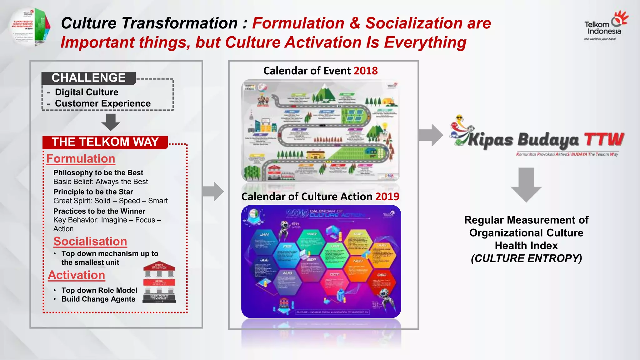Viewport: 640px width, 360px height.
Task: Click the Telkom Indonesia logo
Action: pos(605,27)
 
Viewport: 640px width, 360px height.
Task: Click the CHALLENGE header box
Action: pos(89,78)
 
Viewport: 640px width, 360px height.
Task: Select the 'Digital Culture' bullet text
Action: pos(87,92)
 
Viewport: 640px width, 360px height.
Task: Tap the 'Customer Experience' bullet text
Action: pos(103,103)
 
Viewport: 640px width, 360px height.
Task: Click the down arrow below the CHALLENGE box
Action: pos(111,122)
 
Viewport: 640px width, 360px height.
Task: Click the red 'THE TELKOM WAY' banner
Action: pos(105,142)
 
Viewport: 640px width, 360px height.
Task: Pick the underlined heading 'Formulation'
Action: pos(81,159)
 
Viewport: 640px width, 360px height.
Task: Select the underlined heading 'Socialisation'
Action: pos(90,242)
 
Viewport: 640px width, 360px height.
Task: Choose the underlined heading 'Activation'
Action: pos(77,275)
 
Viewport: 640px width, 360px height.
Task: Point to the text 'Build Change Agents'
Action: pos(98,299)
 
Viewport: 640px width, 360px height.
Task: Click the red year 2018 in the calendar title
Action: pos(366,71)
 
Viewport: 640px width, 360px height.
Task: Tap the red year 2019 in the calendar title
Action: pos(387,197)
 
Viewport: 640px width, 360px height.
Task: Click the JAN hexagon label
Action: pos(264,234)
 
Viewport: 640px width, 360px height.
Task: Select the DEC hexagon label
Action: pos(382,275)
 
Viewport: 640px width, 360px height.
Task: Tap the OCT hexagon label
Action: pos(334,274)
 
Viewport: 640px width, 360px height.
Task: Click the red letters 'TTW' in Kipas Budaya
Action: pos(604,139)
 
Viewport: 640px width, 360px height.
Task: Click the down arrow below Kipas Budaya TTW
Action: pos(526,184)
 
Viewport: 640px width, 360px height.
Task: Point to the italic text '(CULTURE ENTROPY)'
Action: pos(526,258)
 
